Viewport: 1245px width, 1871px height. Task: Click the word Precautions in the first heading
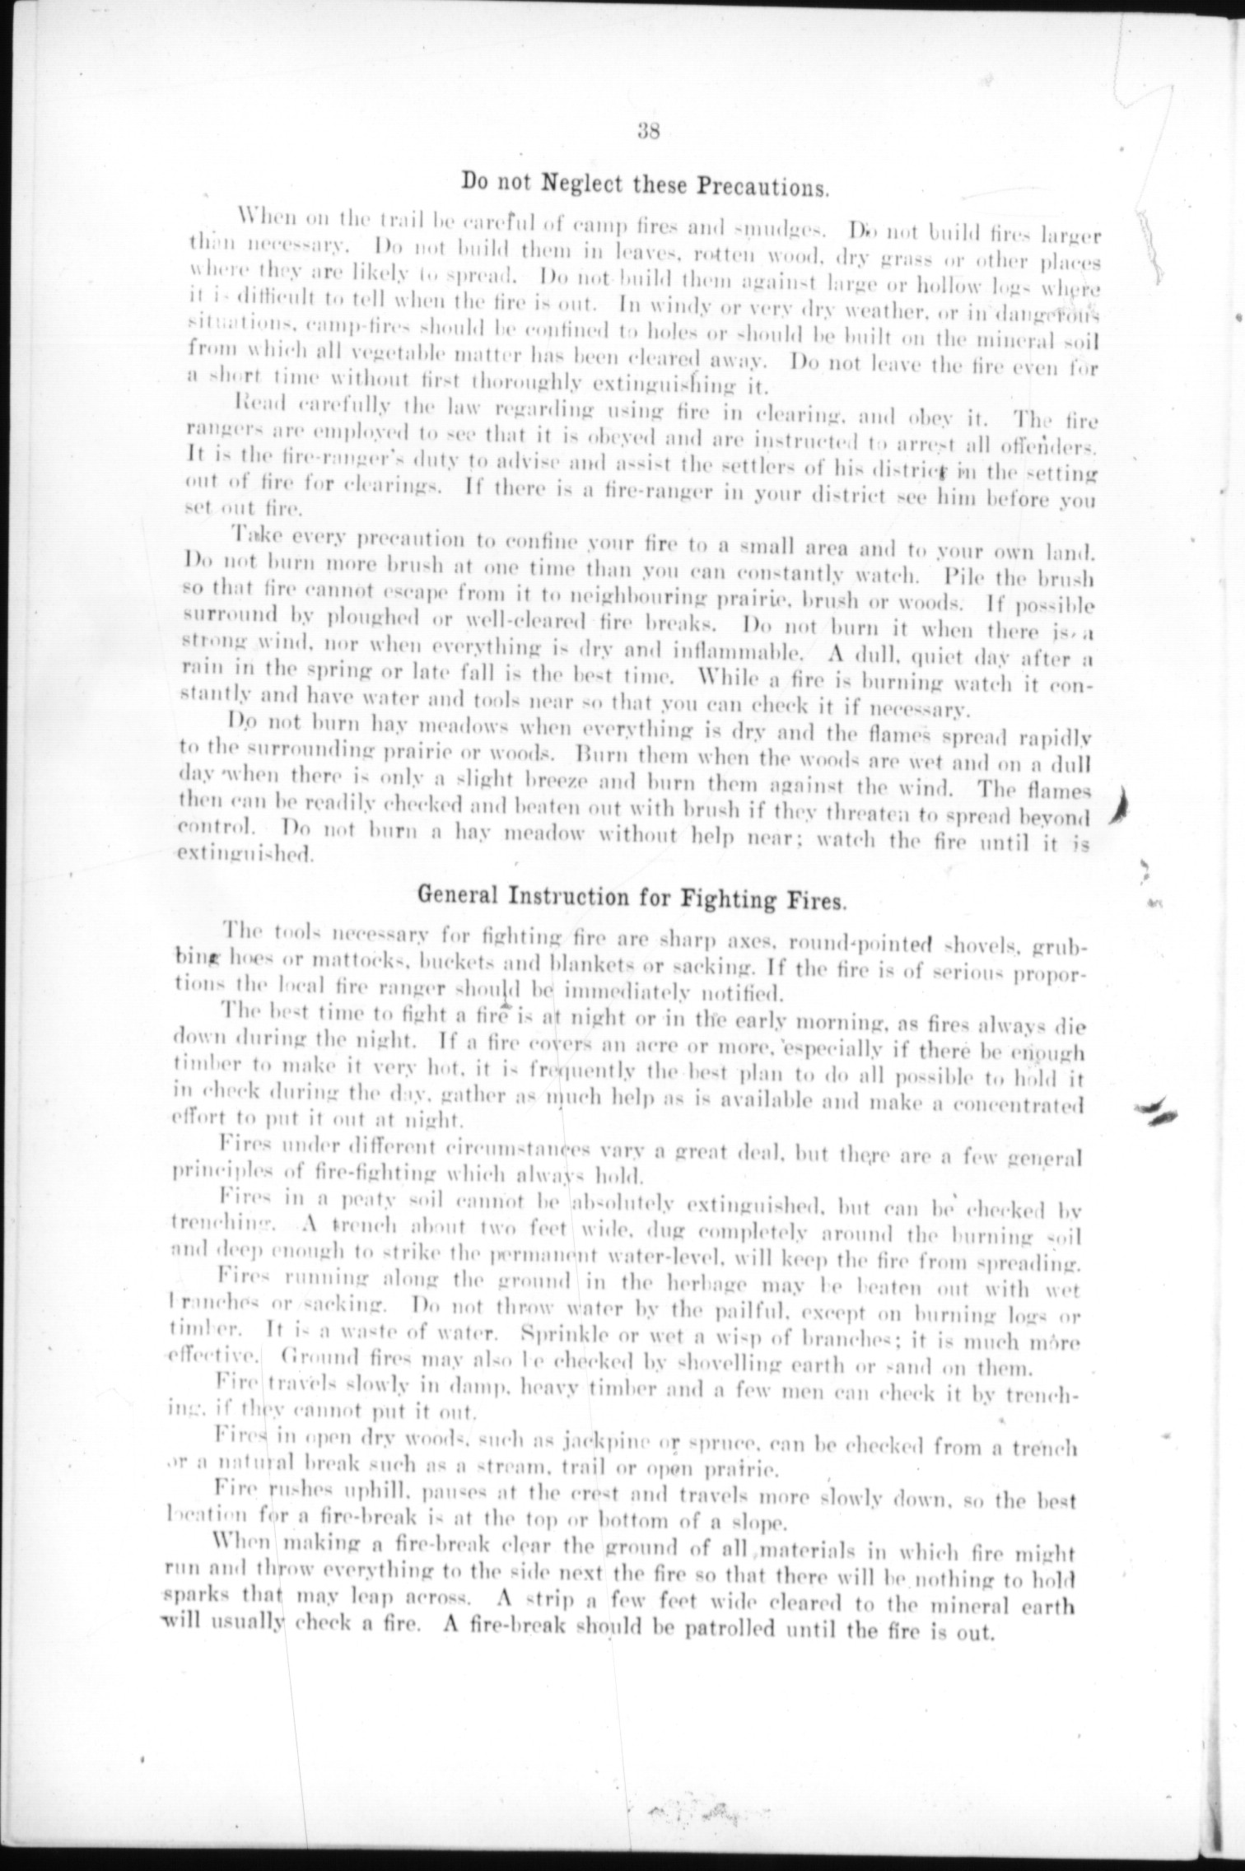pyautogui.click(x=762, y=186)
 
